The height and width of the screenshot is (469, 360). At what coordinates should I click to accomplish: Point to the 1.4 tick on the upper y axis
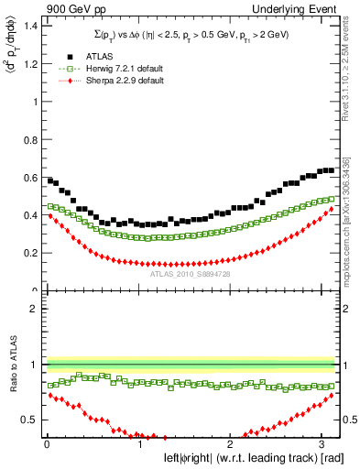click(x=31, y=25)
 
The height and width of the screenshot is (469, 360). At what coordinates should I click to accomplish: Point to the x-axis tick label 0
click(x=46, y=444)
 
